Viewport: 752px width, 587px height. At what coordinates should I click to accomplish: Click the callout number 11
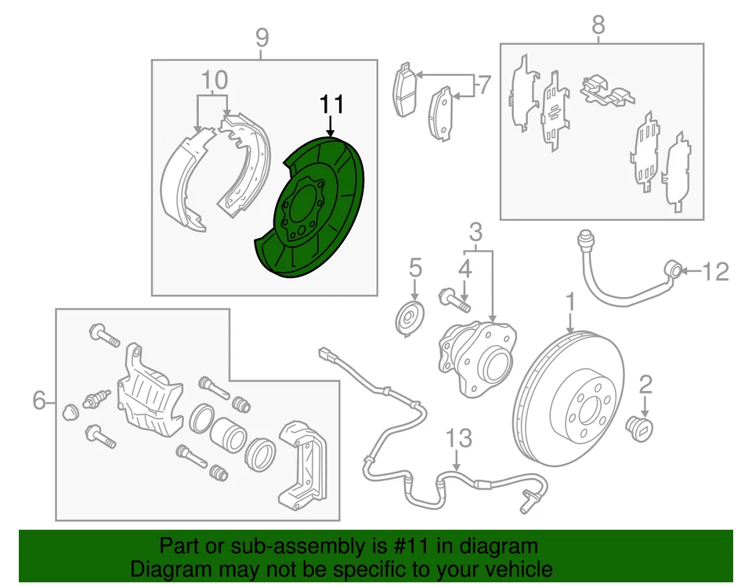coord(331,104)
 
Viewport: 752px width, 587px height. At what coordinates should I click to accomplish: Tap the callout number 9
coord(262,37)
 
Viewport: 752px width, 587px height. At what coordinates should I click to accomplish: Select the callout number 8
coord(598,25)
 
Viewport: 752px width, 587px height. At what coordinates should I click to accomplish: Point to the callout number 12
coord(714,272)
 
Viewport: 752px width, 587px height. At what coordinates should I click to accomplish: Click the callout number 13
coord(461,438)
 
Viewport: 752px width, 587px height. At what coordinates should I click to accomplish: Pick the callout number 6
coord(39,401)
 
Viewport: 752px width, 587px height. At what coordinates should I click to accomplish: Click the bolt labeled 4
coord(454,298)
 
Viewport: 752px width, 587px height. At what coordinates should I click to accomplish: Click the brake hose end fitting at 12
coord(672,270)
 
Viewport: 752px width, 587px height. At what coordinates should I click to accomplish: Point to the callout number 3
coord(475,231)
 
